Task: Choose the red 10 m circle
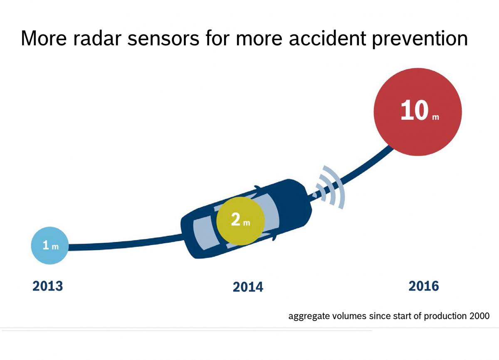(x=418, y=112)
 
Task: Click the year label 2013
(x=47, y=286)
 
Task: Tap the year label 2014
(x=248, y=287)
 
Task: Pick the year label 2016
(x=424, y=286)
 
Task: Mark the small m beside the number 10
(x=435, y=118)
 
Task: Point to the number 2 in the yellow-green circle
(x=235, y=220)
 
